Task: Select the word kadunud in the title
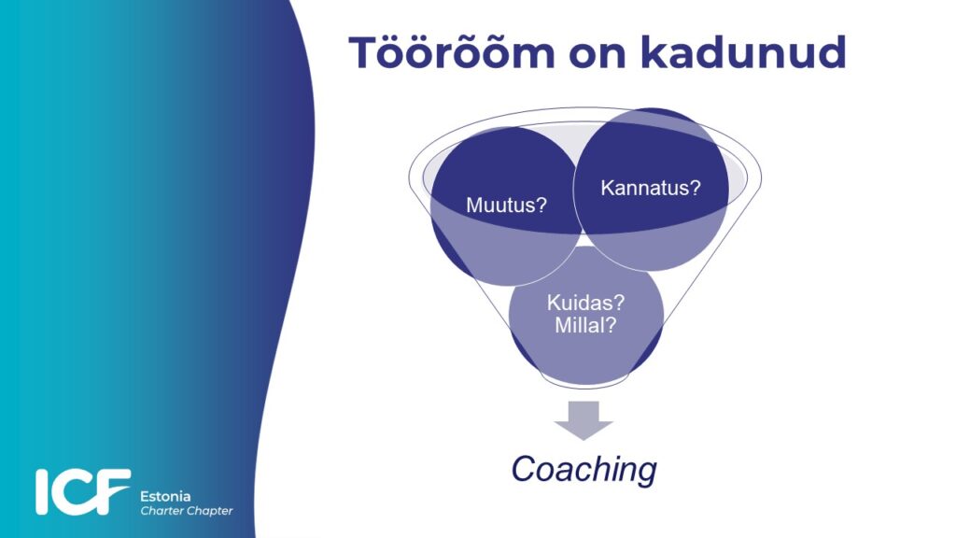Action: point(743,52)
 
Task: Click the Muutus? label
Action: point(506,205)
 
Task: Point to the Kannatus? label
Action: point(651,188)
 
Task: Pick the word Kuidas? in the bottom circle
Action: point(585,303)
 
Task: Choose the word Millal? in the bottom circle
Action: point(585,325)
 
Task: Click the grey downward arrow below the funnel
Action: point(583,420)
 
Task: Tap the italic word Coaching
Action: point(583,470)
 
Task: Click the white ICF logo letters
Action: point(82,491)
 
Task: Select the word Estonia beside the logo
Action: point(165,497)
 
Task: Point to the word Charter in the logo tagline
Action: point(160,511)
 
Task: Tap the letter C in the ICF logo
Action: point(72,491)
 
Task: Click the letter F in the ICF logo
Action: point(113,491)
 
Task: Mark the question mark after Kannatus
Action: point(696,187)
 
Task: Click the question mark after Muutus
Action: point(541,205)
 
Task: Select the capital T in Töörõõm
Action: point(364,53)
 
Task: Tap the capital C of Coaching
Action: point(523,470)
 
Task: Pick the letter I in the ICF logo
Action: point(41,491)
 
